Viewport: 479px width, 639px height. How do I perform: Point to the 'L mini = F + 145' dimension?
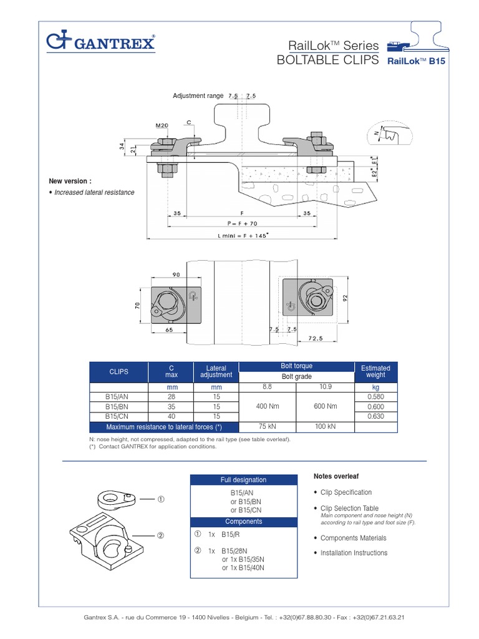click(243, 235)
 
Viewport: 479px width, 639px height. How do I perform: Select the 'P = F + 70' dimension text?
click(243, 222)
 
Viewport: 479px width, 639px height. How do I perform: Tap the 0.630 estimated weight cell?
click(375, 416)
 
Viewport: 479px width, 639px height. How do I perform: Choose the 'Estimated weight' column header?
click(375, 371)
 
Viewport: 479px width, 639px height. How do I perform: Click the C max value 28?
click(171, 396)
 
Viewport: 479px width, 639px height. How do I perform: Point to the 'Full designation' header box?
click(243, 480)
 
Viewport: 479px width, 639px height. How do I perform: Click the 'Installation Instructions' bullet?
click(354, 553)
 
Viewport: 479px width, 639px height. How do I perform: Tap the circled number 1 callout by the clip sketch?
click(161, 499)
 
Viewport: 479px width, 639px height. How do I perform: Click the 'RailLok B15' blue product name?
click(416, 62)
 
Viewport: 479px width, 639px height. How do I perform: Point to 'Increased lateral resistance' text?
click(94, 192)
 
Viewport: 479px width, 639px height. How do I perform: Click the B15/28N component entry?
click(235, 552)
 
